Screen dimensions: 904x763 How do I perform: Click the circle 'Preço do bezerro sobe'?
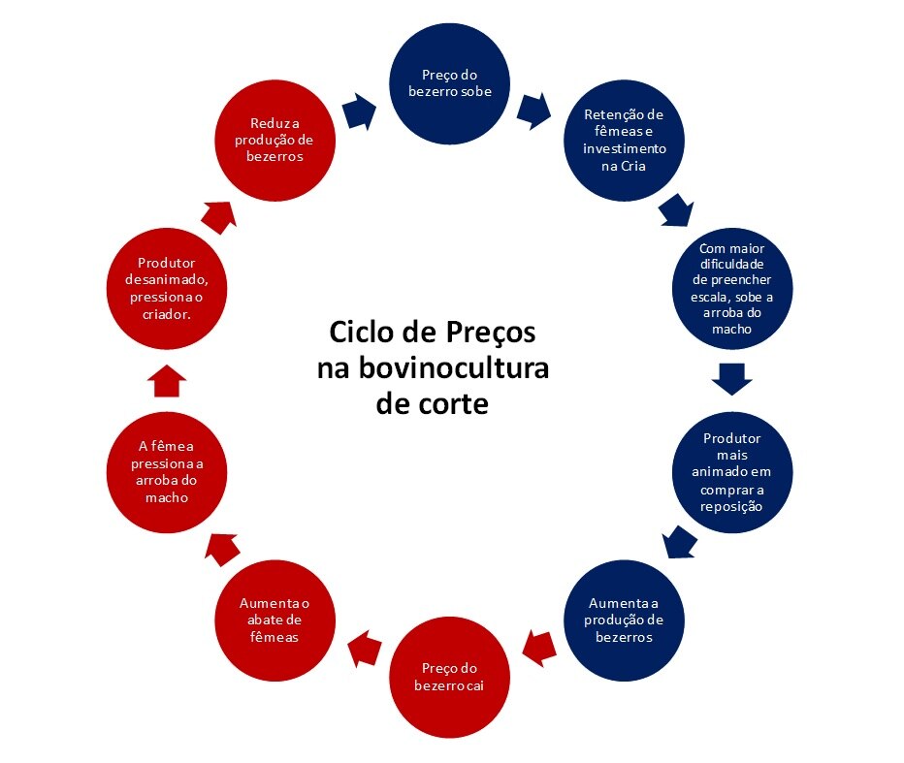[x=449, y=83]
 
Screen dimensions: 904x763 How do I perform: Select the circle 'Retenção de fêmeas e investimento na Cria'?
[x=624, y=141]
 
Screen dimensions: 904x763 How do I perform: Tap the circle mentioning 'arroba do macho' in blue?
[x=732, y=289]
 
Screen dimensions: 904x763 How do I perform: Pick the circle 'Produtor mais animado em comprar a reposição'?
[x=732, y=472]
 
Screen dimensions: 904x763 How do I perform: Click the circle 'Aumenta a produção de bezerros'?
[x=624, y=620]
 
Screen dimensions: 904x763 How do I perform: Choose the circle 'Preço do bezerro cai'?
[x=449, y=677]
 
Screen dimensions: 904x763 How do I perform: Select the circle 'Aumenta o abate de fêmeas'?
[x=275, y=620]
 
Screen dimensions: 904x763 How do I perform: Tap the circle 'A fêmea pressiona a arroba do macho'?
[x=167, y=472]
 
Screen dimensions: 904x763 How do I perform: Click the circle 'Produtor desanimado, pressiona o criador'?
[x=167, y=289]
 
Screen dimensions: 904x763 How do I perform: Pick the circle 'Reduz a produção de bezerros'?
[x=275, y=141]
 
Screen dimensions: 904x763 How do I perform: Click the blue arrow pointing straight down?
[x=732, y=379]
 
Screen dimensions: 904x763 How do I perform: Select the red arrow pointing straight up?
[x=167, y=381]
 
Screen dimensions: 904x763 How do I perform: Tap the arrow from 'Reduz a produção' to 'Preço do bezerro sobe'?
[x=359, y=111]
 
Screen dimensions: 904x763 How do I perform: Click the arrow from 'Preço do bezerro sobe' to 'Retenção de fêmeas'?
[x=533, y=111]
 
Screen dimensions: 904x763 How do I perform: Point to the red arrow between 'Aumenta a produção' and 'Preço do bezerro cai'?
[x=539, y=649]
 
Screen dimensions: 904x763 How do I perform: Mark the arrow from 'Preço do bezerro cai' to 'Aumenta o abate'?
[x=365, y=649]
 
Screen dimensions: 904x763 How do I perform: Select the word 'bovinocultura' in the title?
[x=454, y=367]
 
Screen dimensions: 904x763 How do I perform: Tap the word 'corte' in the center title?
[x=453, y=404]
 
